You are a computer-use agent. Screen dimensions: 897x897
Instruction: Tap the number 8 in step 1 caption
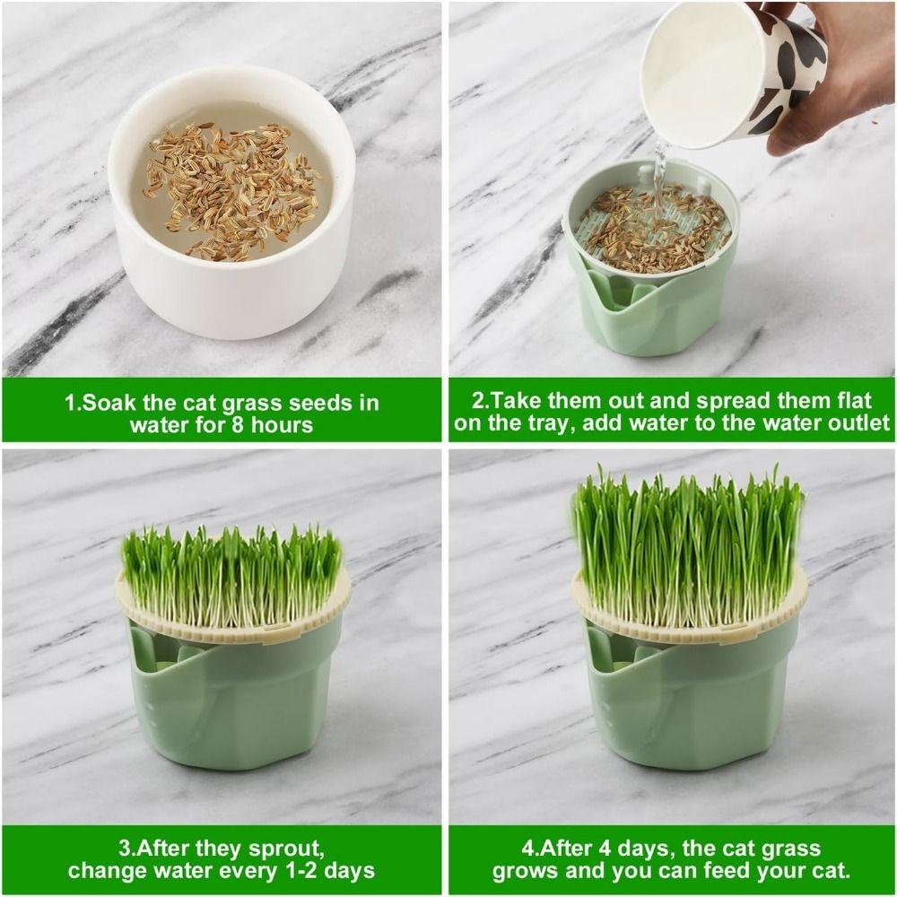[236, 424]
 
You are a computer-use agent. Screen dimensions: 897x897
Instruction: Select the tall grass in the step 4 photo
[688, 547]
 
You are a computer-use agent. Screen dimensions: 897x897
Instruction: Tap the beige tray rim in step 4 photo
[688, 629]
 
